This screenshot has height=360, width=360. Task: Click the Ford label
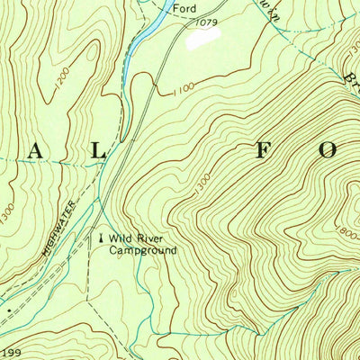[x=184, y=9]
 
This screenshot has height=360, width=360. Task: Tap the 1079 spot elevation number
[x=206, y=21]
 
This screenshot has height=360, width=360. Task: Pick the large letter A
[x=37, y=151]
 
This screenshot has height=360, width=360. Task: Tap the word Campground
[x=142, y=250]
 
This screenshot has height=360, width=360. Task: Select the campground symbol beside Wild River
[x=101, y=238]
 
